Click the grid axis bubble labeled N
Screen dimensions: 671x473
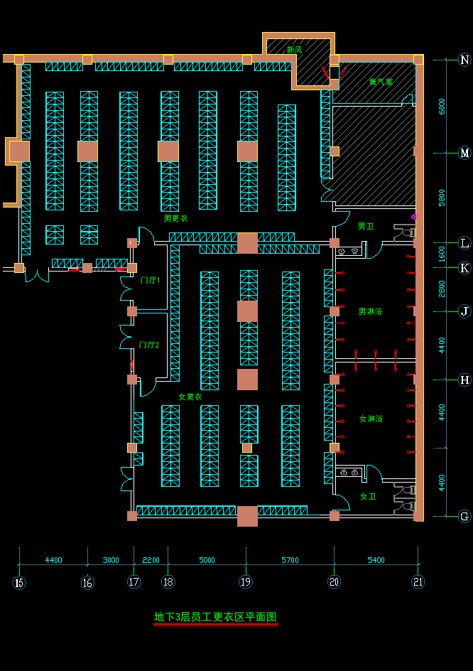coord(465,60)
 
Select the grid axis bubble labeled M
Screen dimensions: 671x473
coord(465,154)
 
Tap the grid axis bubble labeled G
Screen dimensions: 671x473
coord(465,517)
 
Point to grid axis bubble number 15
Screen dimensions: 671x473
coord(19,583)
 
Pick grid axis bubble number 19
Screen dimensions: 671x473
coord(246,582)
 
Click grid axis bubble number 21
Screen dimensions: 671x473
coord(418,582)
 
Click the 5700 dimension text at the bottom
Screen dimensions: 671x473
coord(290,560)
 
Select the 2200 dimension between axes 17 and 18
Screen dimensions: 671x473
coord(151,560)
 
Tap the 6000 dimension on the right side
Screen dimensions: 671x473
coord(442,107)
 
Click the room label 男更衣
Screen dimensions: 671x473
coord(175,218)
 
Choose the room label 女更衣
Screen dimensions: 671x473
coord(190,397)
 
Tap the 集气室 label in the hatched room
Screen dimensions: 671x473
coord(381,82)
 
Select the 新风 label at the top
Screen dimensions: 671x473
coord(294,50)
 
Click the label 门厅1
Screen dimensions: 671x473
coord(150,281)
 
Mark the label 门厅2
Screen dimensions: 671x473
coord(149,345)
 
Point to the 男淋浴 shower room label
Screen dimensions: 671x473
coord(370,311)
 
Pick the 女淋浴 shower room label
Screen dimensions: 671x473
coord(371,419)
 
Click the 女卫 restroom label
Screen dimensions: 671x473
coord(368,496)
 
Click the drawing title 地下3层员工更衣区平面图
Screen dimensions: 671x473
coord(215,617)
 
